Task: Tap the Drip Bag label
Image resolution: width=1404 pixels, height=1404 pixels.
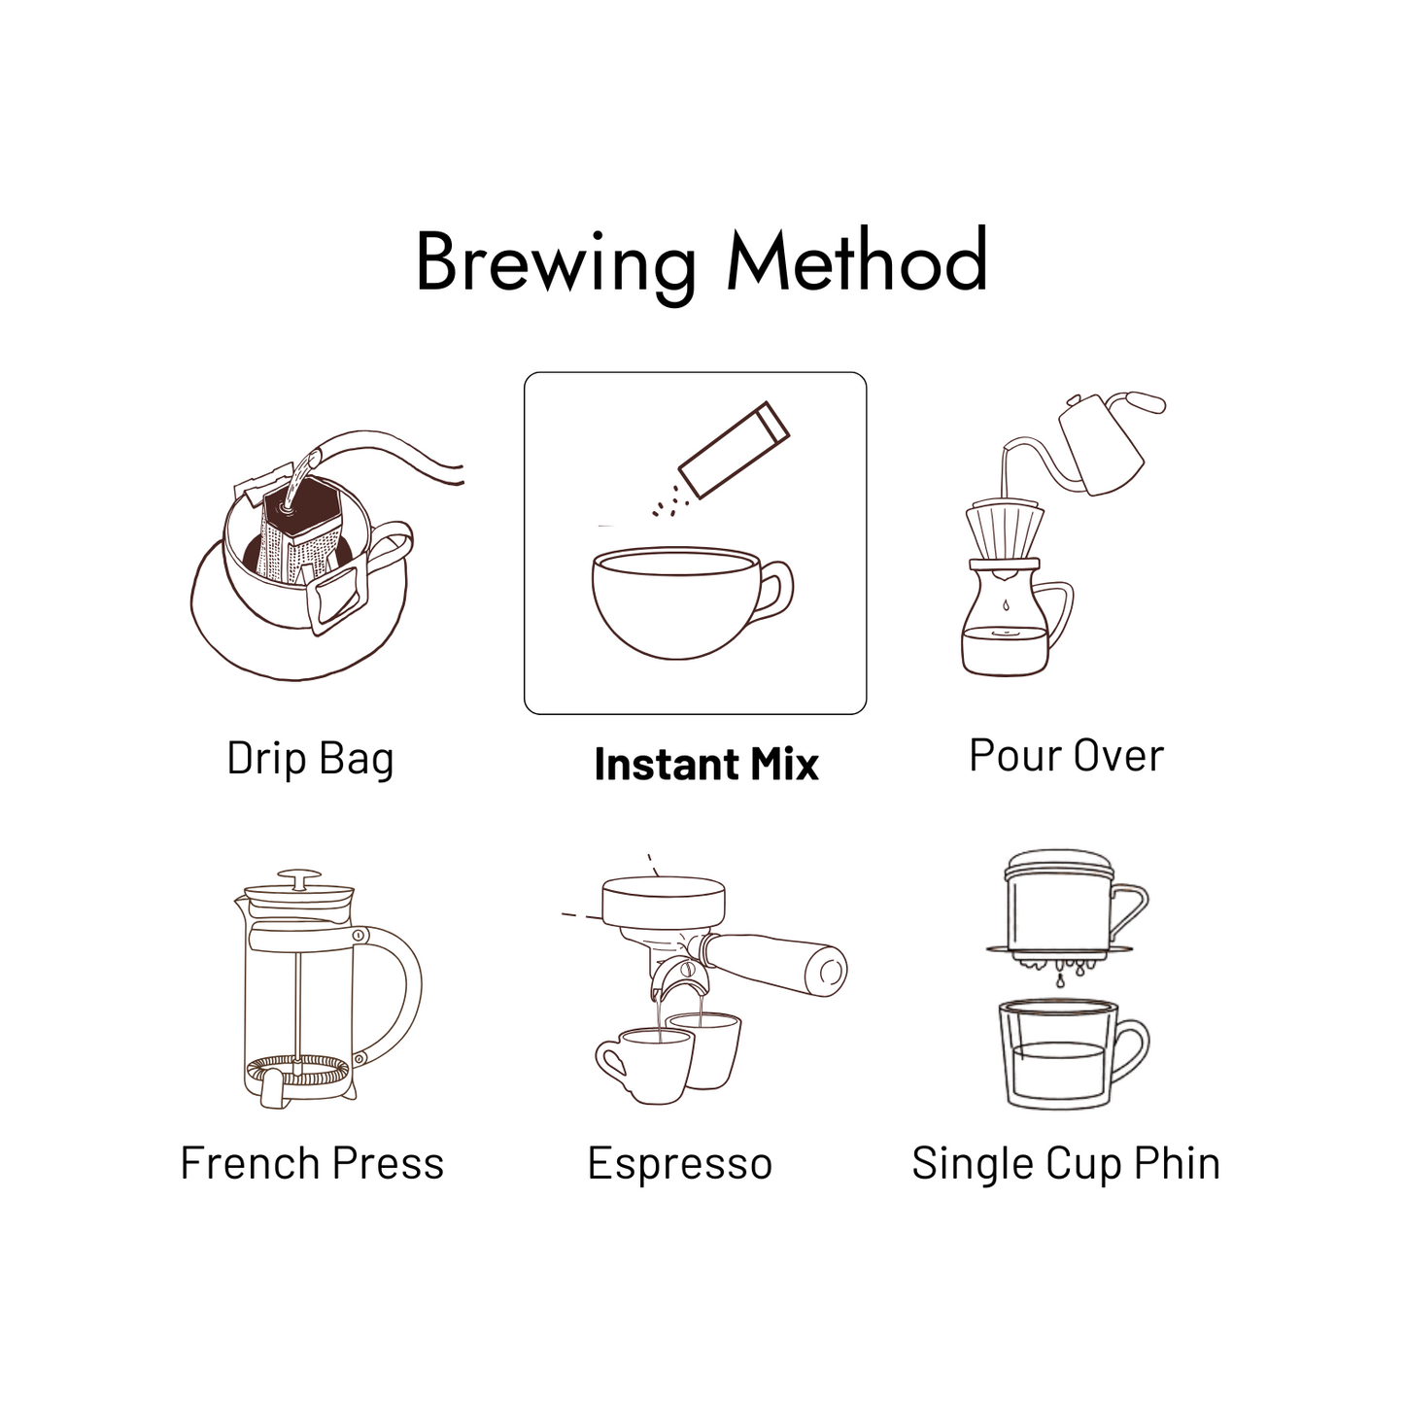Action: click(x=310, y=760)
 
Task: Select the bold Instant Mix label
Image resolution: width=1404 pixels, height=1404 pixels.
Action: click(x=706, y=765)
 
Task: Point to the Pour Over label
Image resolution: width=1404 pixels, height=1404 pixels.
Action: click(x=1066, y=755)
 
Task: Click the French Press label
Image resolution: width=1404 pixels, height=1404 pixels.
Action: click(x=312, y=1163)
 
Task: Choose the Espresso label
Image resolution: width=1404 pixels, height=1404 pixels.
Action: click(x=680, y=1165)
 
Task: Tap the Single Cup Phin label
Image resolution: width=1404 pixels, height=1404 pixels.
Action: click(x=1066, y=1165)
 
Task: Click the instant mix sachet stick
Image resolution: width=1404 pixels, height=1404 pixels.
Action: click(x=735, y=450)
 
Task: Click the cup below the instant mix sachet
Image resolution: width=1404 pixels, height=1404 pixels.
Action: click(x=692, y=604)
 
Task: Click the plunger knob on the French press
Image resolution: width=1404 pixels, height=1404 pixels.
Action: click(x=300, y=877)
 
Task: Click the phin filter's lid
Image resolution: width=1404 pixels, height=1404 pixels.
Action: click(x=1059, y=864)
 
